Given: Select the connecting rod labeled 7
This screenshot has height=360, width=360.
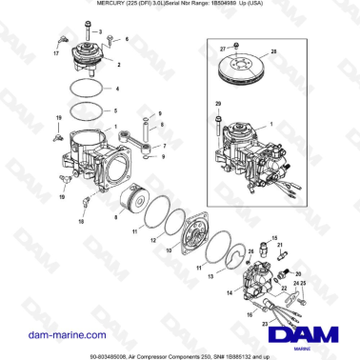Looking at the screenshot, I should (x=141, y=142).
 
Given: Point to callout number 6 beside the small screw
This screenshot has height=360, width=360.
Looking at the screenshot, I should (x=127, y=40).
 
